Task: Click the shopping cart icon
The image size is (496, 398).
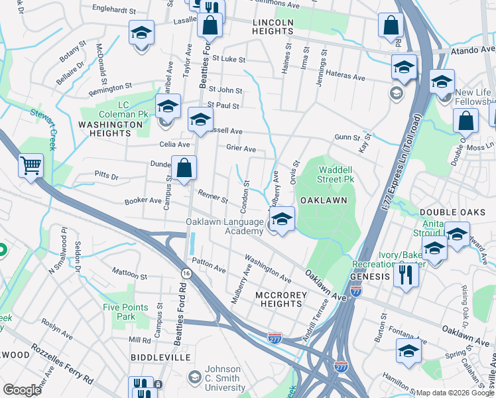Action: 31,165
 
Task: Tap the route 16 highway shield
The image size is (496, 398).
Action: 186,273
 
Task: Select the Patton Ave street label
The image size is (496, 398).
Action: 209,266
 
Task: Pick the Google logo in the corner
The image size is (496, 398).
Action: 22,390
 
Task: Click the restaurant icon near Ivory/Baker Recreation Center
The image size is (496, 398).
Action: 405,273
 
